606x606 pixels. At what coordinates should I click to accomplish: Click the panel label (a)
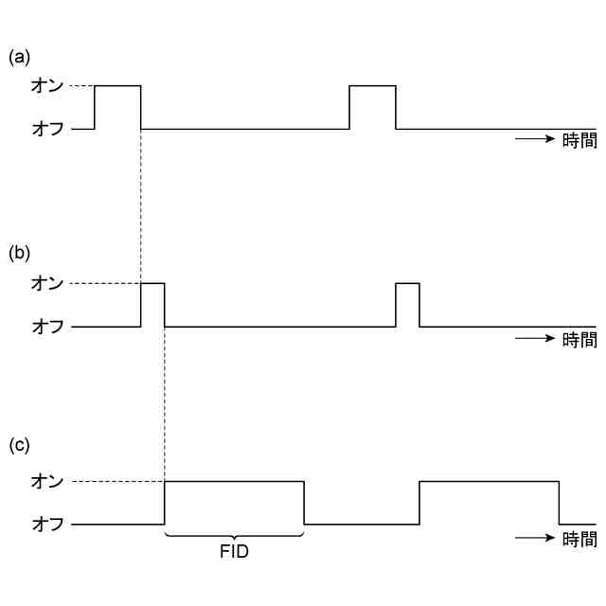click(20, 57)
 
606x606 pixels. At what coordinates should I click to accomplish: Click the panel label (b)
click(20, 254)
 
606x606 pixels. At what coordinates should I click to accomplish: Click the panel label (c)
click(20, 445)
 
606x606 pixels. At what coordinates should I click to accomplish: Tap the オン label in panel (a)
click(47, 85)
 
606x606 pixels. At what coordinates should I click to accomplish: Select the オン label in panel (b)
click(47, 283)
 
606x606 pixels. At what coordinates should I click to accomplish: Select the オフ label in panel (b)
click(47, 327)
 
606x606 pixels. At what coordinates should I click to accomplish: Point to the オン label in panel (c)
click(47, 481)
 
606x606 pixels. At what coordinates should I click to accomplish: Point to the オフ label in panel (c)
click(47, 524)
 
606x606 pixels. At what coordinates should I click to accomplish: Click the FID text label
click(234, 552)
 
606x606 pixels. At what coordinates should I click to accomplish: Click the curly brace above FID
click(234, 536)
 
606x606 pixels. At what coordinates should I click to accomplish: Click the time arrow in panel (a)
click(534, 140)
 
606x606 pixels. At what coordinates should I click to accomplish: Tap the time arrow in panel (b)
click(534, 339)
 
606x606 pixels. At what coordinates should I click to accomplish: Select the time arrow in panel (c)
click(534, 539)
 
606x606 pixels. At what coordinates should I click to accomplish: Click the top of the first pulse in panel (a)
click(117, 85)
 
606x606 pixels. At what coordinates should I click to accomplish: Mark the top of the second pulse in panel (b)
click(407, 283)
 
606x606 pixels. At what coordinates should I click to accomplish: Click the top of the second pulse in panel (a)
click(372, 85)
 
